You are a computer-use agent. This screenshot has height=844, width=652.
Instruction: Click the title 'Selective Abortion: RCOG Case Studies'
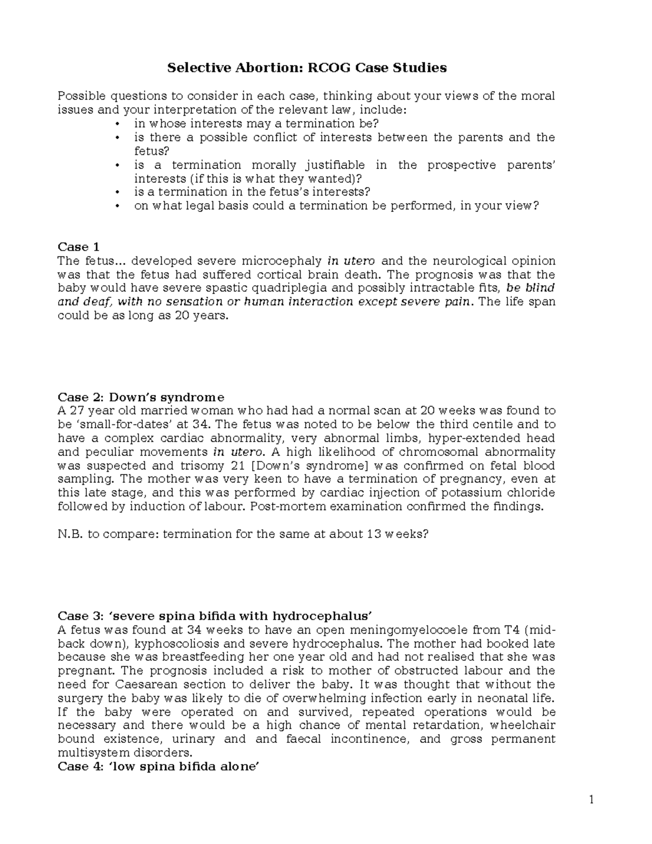click(306, 68)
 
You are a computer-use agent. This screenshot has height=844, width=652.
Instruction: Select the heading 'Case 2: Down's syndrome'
click(141, 397)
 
